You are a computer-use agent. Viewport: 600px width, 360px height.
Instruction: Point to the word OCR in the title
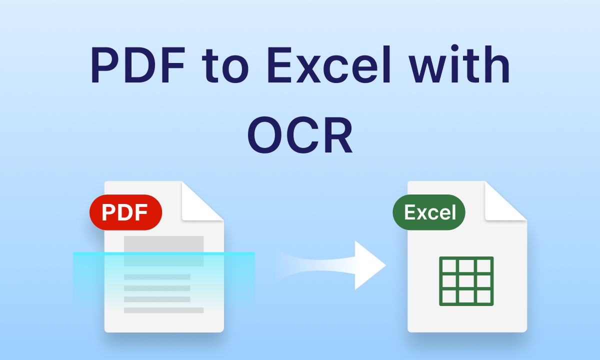300,135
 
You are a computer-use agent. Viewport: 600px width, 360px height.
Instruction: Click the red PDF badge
125,212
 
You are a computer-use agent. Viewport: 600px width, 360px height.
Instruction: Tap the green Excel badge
429,212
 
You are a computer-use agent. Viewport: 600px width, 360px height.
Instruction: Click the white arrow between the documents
350,265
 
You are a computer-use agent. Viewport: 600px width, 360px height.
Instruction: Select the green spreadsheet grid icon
466,281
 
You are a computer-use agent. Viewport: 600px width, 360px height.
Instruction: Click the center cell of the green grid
466,281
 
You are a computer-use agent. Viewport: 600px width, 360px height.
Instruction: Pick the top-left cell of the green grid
449,265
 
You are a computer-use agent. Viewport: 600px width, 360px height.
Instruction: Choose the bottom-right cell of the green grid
483,297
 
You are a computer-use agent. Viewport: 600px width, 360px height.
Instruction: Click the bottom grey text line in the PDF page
164,310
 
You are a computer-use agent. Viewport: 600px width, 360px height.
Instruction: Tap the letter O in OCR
267,135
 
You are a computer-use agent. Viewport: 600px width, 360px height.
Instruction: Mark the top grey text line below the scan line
157,277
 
